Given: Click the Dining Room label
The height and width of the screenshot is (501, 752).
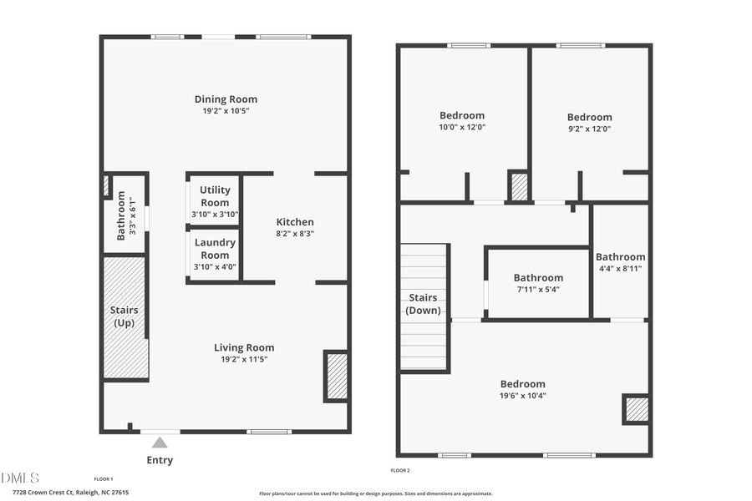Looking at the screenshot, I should point(226,99).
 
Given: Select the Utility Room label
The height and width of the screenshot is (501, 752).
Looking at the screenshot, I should point(215,196).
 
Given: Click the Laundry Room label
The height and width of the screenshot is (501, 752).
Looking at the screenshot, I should point(215,249).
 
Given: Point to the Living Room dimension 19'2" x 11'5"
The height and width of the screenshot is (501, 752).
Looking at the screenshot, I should point(244,360).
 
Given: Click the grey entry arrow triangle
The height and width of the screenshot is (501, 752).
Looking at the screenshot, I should point(160,443).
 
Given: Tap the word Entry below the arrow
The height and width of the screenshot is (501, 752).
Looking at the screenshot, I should point(160,460).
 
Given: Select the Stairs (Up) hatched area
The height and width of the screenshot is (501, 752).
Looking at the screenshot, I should point(124,317).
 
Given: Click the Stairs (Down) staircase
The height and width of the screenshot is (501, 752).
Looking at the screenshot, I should point(424,306).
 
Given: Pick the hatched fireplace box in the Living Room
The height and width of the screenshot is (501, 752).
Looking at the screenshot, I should point(337,376).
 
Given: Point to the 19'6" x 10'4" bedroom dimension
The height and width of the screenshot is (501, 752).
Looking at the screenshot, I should point(523,396).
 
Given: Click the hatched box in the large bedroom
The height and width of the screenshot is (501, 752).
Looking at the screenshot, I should point(636,409).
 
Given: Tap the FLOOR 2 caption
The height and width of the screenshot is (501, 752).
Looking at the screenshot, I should point(401,471).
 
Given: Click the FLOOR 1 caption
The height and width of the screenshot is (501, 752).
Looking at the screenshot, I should point(104,478).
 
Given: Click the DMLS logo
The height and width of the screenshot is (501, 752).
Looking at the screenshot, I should point(20,478).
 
